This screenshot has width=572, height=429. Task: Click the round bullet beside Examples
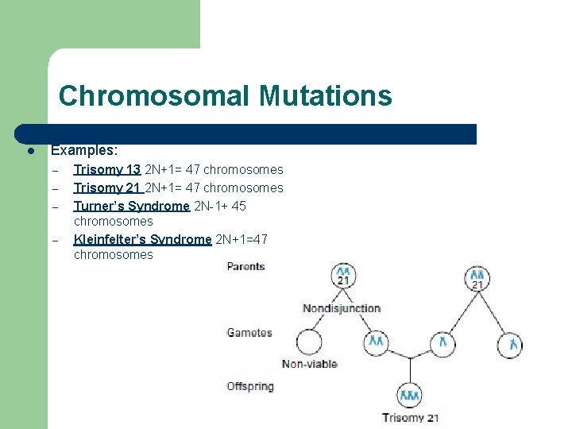(x=29, y=150)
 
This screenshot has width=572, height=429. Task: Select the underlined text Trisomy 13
(x=107, y=169)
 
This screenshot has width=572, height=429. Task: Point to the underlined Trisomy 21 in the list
(x=107, y=187)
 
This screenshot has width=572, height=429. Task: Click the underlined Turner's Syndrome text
(x=131, y=206)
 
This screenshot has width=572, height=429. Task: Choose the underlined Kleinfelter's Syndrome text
(x=142, y=239)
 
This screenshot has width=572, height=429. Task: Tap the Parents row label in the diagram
(x=245, y=266)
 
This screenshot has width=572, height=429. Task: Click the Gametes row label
(x=249, y=333)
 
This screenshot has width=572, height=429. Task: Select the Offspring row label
(x=249, y=386)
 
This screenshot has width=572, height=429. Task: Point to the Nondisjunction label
(x=342, y=308)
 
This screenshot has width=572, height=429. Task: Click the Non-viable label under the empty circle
(x=309, y=364)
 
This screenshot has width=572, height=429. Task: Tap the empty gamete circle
(x=309, y=342)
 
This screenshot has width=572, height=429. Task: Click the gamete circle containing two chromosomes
(x=377, y=342)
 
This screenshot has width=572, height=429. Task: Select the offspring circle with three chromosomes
(x=410, y=395)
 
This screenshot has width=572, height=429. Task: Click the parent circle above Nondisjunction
(x=342, y=276)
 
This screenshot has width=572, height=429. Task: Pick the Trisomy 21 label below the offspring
(x=410, y=418)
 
